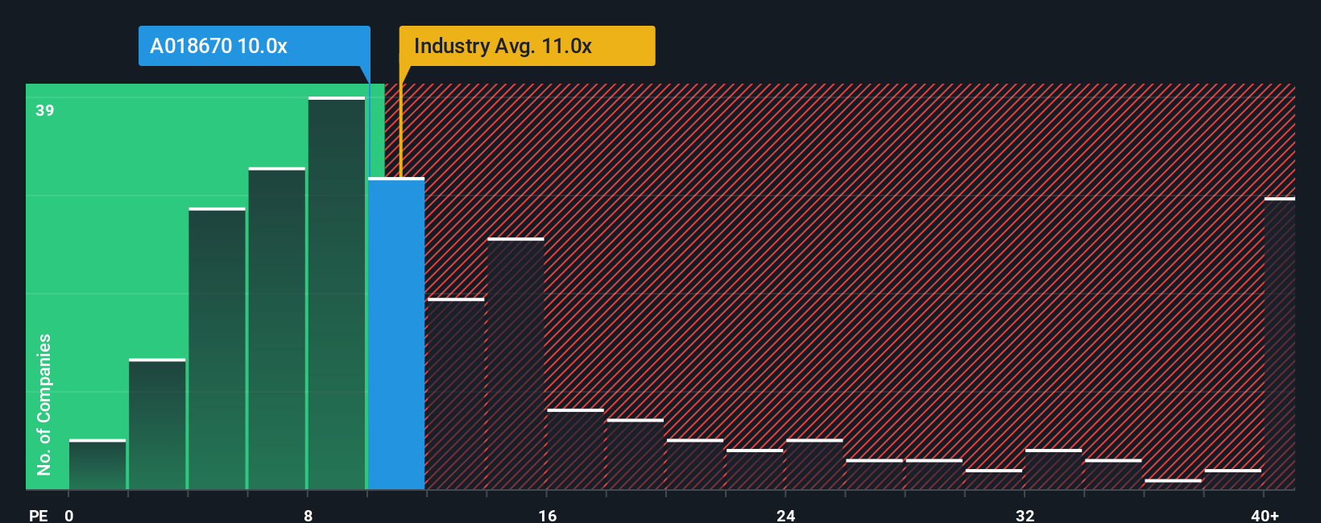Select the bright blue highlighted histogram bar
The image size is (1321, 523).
[x=396, y=334]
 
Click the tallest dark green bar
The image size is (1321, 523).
[x=337, y=294]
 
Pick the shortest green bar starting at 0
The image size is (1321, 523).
[x=97, y=465]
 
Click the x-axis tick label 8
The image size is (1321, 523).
[x=308, y=515]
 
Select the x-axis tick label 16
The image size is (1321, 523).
[x=547, y=515]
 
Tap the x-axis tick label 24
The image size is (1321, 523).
[x=785, y=515]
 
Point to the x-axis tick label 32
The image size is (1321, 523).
[x=1025, y=515]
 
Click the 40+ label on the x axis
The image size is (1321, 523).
[x=1265, y=515]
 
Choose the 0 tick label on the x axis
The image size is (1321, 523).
[x=69, y=515]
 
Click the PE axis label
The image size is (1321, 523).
[x=38, y=515]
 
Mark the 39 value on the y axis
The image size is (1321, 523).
[x=45, y=110]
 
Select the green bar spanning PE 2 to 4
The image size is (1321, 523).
[x=157, y=425]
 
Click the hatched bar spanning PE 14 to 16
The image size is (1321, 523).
[x=516, y=364]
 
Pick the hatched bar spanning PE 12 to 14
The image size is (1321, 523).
[x=456, y=394]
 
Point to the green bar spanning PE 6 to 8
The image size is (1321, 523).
[x=277, y=329]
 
